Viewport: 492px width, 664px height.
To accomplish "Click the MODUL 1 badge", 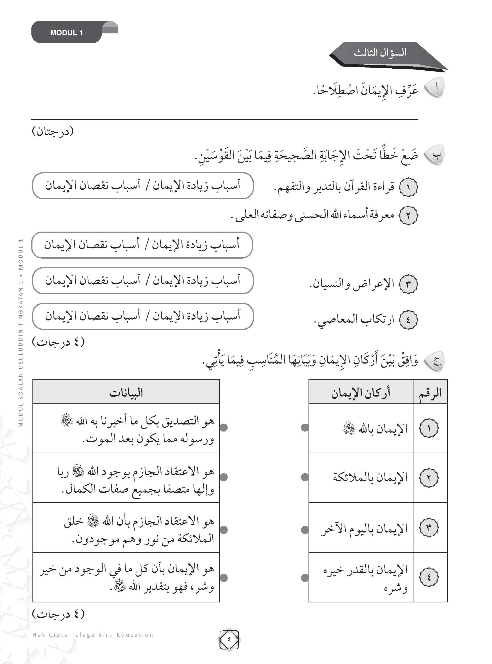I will pyautogui.click(x=66, y=33).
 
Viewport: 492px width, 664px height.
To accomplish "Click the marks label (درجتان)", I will pyautogui.click(x=53, y=131).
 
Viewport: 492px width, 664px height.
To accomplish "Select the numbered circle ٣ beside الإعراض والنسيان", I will pyautogui.click(x=408, y=284).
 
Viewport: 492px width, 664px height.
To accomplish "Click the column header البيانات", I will pyautogui.click(x=126, y=393).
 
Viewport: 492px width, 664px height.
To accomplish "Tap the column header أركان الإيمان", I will pyautogui.click(x=361, y=393).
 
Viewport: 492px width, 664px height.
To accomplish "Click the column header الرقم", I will pyautogui.click(x=430, y=393).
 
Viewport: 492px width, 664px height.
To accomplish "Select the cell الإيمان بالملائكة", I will pyautogui.click(x=370, y=477).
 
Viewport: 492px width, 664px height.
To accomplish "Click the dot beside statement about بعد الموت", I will pyautogui.click(x=224, y=428).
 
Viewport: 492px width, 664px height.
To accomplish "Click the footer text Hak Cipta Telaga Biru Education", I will pyautogui.click(x=93, y=635).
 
